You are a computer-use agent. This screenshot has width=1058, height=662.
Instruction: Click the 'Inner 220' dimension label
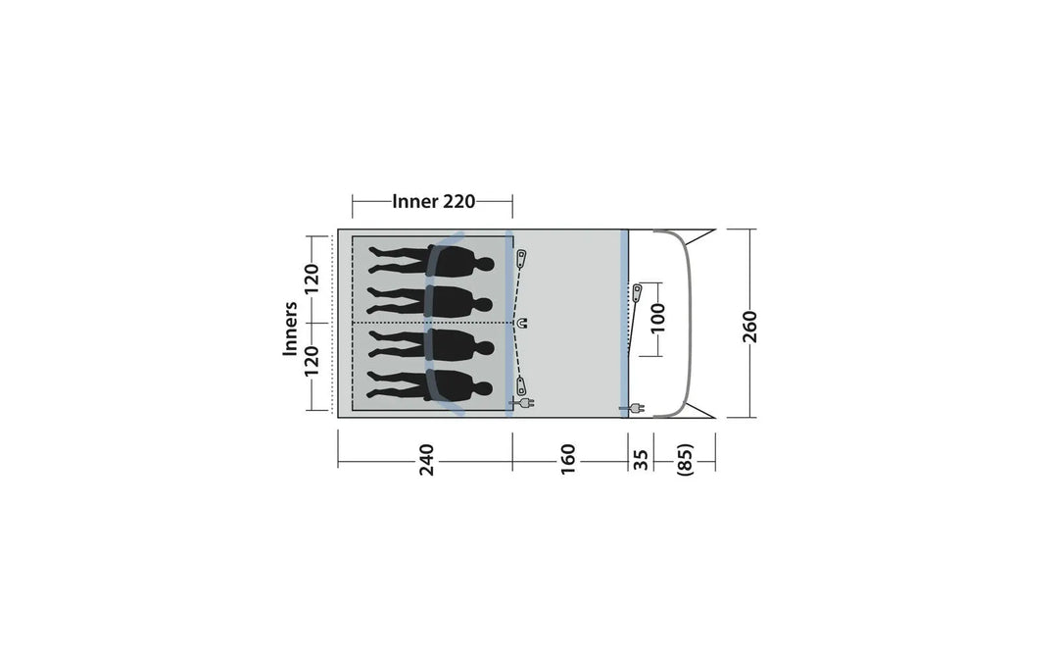434,201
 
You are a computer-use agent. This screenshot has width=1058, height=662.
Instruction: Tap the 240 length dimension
426,459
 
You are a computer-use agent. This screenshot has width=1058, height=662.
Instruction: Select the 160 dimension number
568,459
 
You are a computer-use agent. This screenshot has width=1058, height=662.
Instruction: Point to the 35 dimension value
641,460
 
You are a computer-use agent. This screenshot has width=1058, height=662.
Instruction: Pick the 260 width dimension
749,327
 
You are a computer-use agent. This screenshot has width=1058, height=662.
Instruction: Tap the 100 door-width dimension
658,318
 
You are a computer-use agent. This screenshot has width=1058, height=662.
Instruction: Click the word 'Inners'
290,329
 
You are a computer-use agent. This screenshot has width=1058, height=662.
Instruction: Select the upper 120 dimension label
311,280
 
